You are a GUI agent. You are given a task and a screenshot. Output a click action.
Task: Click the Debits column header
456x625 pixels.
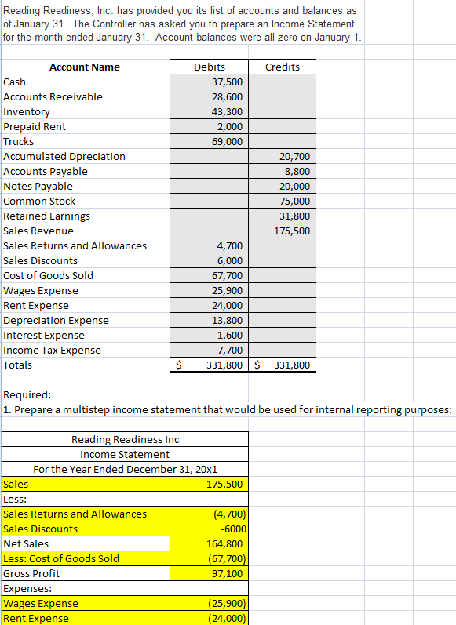pyautogui.click(x=210, y=67)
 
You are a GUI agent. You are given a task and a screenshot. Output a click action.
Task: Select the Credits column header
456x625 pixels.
pyautogui.click(x=283, y=67)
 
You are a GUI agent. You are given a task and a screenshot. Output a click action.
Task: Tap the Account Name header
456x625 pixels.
pyautogui.click(x=85, y=67)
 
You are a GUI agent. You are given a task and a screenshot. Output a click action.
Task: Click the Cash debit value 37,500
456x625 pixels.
pyautogui.click(x=228, y=82)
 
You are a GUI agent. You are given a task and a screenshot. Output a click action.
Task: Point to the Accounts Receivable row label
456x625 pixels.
pyautogui.click(x=53, y=96)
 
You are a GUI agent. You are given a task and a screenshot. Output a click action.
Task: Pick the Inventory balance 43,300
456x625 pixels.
pyautogui.click(x=228, y=111)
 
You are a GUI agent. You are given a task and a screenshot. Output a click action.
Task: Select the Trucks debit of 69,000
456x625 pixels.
pyautogui.click(x=228, y=141)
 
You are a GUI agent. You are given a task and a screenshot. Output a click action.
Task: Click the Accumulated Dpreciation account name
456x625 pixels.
pyautogui.click(x=64, y=156)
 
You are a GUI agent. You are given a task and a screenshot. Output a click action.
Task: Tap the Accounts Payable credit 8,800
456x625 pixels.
pyautogui.click(x=297, y=171)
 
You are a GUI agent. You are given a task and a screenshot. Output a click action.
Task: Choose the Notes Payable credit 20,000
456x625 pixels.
pyautogui.click(x=295, y=186)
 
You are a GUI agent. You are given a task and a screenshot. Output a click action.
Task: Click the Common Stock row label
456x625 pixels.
pyautogui.click(x=40, y=201)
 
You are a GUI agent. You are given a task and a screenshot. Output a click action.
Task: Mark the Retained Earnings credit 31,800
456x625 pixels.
pyautogui.click(x=295, y=216)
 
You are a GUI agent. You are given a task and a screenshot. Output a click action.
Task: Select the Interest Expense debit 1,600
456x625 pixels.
pyautogui.click(x=231, y=335)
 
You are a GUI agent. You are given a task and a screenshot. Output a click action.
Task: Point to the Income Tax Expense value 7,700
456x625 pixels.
pyautogui.click(x=231, y=350)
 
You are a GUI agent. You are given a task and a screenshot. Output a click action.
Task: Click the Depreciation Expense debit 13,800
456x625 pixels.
pyautogui.click(x=228, y=320)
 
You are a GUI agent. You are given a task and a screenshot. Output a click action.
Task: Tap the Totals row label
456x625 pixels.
pyautogui.click(x=18, y=365)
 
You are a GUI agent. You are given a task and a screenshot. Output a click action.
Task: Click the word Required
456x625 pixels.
pyautogui.click(x=27, y=394)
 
